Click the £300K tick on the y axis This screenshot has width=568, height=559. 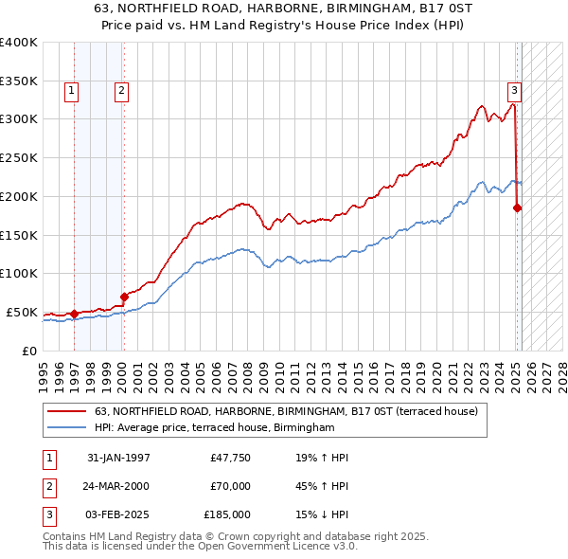(x=19, y=119)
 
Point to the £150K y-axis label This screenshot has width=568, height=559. (x=19, y=235)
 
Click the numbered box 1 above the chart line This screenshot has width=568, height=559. (x=72, y=91)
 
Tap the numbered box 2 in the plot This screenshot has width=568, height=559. (x=122, y=91)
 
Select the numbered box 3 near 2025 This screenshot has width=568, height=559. (x=514, y=91)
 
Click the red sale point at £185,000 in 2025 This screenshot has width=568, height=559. (x=518, y=207)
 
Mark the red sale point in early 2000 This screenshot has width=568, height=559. (x=124, y=297)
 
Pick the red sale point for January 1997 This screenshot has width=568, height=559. (x=74, y=314)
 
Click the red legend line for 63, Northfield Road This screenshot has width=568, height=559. (x=67, y=411)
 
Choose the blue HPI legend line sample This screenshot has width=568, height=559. (x=67, y=428)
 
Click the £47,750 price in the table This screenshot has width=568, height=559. (x=230, y=458)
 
